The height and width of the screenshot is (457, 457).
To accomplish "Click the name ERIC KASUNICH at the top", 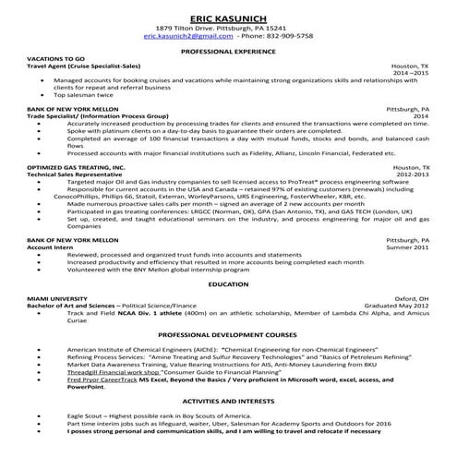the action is tap(228, 18).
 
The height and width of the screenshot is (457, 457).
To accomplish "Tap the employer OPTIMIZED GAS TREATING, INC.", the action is tap(76, 167).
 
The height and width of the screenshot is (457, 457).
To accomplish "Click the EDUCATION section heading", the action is tap(228, 285).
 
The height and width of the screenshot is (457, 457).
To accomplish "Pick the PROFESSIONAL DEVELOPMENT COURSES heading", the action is tap(228, 335).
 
